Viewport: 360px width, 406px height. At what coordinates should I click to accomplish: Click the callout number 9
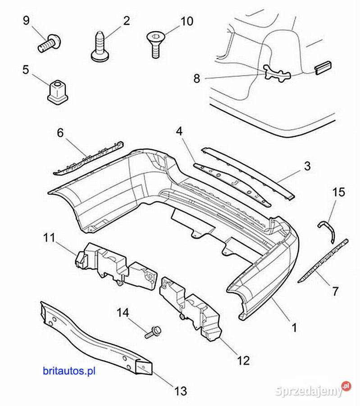click(26, 20)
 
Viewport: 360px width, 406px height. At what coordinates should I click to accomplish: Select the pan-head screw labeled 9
click(50, 43)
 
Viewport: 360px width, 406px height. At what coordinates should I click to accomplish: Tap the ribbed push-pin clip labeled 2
click(100, 46)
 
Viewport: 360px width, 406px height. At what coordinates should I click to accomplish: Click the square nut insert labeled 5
click(57, 92)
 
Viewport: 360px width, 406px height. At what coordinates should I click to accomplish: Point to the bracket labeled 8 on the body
click(277, 73)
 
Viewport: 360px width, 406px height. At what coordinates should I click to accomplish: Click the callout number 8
click(197, 78)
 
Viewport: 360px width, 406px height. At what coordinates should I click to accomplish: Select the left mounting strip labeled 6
click(88, 158)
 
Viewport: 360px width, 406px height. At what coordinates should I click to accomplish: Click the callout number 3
click(307, 166)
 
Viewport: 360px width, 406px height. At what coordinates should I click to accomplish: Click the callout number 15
click(339, 192)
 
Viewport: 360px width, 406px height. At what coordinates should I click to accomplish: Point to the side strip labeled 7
click(323, 260)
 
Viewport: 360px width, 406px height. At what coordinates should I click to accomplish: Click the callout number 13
click(181, 391)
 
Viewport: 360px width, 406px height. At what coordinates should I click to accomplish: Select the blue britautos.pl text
click(69, 371)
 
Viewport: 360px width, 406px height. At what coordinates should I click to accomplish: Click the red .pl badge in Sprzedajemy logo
click(346, 386)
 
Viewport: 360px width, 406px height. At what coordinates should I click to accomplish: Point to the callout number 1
click(294, 328)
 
